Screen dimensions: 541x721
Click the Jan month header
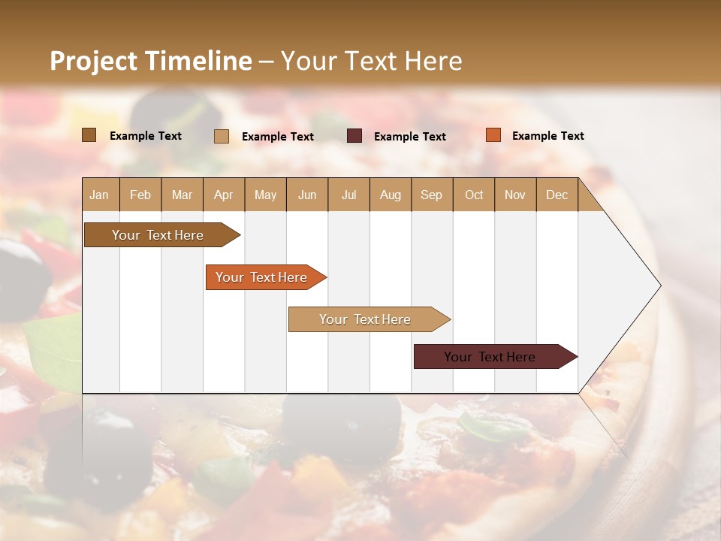(x=100, y=195)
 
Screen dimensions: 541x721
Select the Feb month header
(x=140, y=195)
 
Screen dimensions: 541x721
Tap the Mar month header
(x=182, y=195)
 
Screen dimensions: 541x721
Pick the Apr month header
(x=224, y=195)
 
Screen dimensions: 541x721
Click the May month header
(x=265, y=195)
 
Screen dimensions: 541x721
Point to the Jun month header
(x=307, y=195)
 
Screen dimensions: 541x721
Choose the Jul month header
(x=348, y=195)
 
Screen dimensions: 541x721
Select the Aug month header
(x=391, y=195)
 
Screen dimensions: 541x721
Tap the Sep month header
(x=432, y=195)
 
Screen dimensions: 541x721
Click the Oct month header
(x=474, y=195)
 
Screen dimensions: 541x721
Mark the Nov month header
(x=515, y=195)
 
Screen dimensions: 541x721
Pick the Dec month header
(x=557, y=195)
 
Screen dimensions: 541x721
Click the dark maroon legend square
(x=354, y=136)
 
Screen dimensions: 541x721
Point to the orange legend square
(x=493, y=135)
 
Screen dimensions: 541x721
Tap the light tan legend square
(x=222, y=136)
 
